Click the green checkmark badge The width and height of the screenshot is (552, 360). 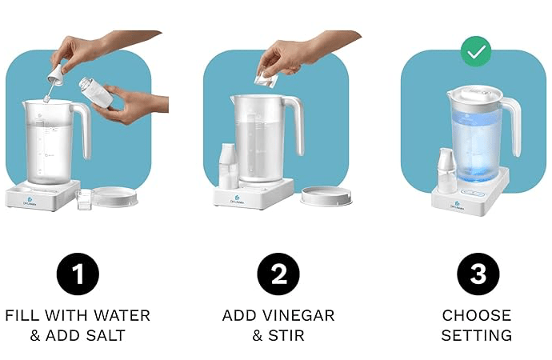point(476,51)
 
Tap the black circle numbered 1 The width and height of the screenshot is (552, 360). point(78,274)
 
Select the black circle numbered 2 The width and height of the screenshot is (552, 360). point(278,274)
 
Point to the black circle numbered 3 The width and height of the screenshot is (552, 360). point(478,274)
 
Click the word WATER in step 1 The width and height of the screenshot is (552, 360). point(121,315)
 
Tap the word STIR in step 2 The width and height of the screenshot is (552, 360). point(286,335)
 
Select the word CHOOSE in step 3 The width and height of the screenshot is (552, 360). point(477,315)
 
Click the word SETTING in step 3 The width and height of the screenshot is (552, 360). point(477,335)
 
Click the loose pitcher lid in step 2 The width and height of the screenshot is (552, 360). point(326,196)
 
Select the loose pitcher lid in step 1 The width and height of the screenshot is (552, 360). point(115,196)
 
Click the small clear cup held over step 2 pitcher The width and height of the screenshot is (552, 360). point(266,78)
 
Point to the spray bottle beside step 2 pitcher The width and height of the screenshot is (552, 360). point(229,165)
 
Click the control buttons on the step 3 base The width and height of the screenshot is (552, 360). point(474,193)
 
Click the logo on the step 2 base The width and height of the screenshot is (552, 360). point(238,200)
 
